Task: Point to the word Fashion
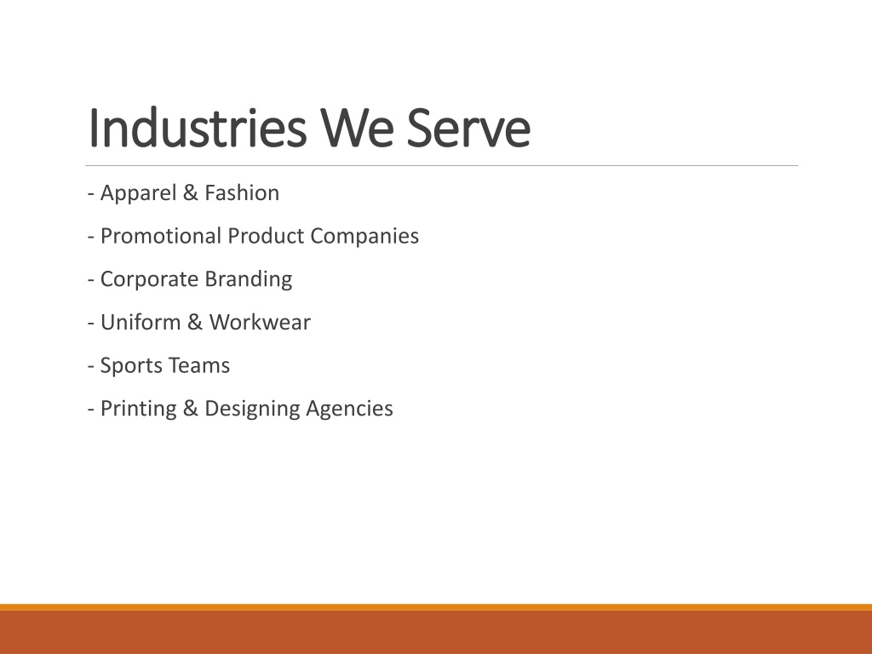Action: (x=242, y=193)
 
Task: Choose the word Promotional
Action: (x=161, y=237)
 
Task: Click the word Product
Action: (x=266, y=236)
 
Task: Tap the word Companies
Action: (x=364, y=237)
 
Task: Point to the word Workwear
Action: (x=260, y=322)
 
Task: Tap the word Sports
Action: (x=130, y=366)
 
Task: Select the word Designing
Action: (x=252, y=409)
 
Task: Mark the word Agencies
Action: (x=349, y=409)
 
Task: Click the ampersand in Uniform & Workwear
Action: (x=195, y=322)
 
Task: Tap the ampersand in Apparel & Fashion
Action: (x=190, y=193)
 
